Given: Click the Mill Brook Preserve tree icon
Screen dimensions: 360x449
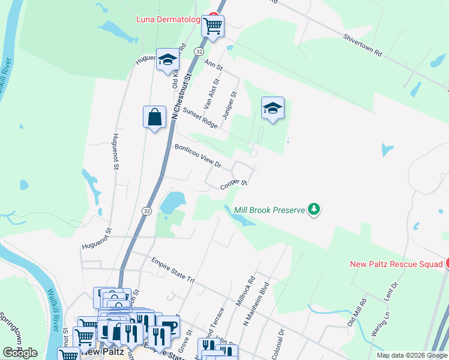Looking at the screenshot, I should coord(313,209).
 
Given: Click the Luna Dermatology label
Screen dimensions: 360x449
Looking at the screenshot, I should coord(167,19).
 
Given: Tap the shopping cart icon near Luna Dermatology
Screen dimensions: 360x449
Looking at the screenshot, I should coord(212,26).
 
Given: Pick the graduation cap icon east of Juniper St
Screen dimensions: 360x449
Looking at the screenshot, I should coord(273,108).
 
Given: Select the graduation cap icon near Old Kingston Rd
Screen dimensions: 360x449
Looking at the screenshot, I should coord(167,59).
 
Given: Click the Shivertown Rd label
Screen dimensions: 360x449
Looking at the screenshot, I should coord(363,44).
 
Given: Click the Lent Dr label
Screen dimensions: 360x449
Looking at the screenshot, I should coord(390,294).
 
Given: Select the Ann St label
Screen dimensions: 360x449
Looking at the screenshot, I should coord(214,64).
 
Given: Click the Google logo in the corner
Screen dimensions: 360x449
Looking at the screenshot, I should coord(20,353).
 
